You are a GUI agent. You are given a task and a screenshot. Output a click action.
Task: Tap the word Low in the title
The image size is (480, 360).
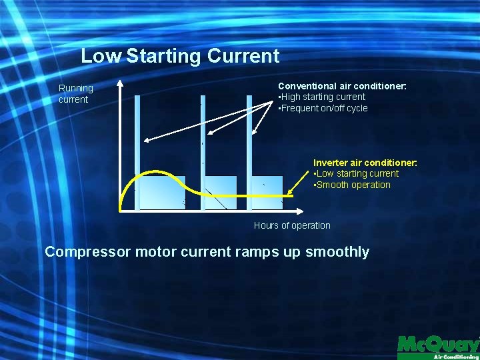pos(101,56)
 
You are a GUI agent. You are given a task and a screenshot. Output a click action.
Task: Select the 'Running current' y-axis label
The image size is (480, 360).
pos(75,94)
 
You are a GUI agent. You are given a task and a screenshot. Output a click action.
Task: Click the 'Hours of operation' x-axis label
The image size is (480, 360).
pos(291,225)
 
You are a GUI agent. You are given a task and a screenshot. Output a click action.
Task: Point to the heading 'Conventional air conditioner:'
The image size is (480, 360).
pos(342,86)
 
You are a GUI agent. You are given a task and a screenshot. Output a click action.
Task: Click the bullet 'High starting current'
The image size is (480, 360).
pos(322,97)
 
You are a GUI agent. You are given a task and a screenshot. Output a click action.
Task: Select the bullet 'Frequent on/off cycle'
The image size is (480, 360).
pos(323,108)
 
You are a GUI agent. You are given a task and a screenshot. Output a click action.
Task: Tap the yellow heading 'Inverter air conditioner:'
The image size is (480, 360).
pos(365,163)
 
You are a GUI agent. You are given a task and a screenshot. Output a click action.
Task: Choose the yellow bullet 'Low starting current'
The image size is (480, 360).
pos(357,173)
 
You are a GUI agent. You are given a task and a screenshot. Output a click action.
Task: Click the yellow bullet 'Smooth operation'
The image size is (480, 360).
pos(353,185)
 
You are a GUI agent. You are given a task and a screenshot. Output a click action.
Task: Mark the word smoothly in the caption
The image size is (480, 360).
pos(337,252)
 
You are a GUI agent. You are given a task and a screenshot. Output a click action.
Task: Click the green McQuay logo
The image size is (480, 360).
pos(437,345)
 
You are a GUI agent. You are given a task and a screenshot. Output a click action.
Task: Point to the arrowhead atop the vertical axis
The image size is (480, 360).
pos(120,85)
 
